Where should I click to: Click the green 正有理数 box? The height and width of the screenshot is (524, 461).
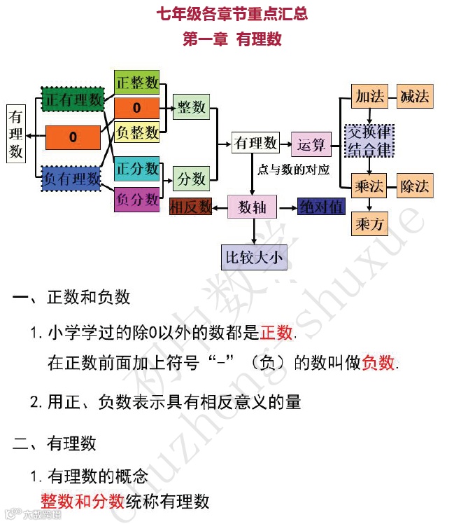pyautogui.click(x=73, y=100)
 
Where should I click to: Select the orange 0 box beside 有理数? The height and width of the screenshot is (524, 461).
pyautogui.click(x=73, y=137)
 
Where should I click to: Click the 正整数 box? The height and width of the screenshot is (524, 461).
pyautogui.click(x=136, y=82)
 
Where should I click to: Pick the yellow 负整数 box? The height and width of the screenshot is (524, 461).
pyautogui.click(x=136, y=131)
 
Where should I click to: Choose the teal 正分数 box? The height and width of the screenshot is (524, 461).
pyautogui.click(x=136, y=169)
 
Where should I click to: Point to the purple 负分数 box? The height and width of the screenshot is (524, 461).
pyautogui.click(x=136, y=199)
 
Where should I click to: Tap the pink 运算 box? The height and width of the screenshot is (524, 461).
pyautogui.click(x=311, y=144)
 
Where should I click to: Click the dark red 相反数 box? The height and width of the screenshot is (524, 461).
pyautogui.click(x=191, y=207)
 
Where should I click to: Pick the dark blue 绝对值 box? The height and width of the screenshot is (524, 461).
pyautogui.click(x=321, y=207)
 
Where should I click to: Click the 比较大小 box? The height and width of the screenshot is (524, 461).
pyautogui.click(x=253, y=257)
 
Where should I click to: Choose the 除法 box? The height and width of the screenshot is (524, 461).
pyautogui.click(x=415, y=186)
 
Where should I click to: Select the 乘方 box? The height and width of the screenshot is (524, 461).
pyautogui.click(x=369, y=224)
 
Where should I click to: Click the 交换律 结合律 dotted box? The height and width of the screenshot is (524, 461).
pyautogui.click(x=369, y=140)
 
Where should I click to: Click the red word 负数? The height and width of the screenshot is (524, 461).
pyautogui.click(x=378, y=362)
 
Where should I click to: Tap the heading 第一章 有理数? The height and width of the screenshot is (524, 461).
pyautogui.click(x=232, y=40)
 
